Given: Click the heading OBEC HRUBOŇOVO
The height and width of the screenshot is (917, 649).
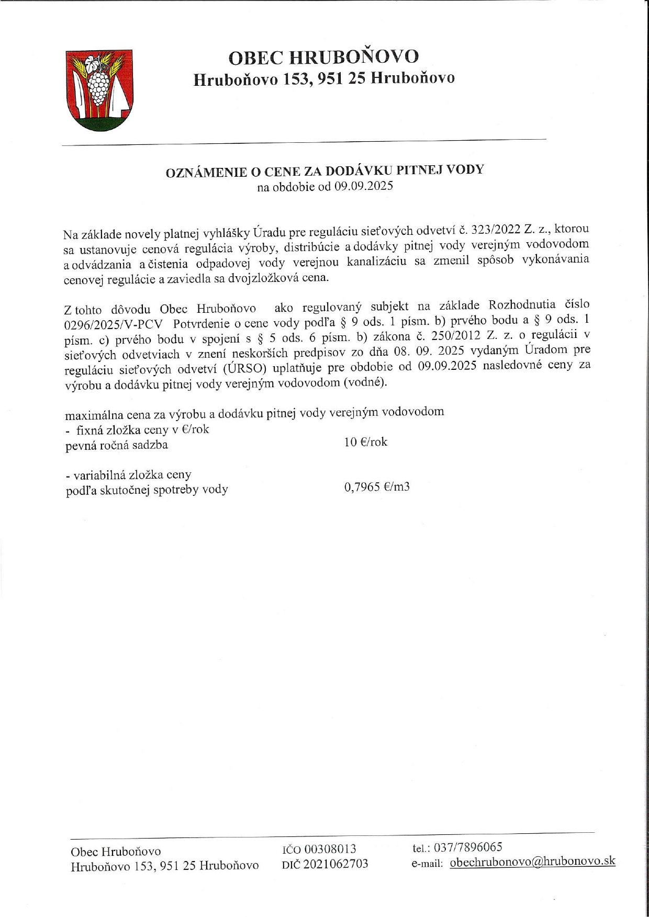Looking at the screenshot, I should tap(324, 57).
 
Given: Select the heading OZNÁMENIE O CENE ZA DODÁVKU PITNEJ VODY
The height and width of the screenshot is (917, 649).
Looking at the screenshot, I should tap(324, 171).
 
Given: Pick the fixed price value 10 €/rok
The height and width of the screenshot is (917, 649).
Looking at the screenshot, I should tap(366, 442).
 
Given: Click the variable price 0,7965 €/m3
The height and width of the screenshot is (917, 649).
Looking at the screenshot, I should tap(377, 488).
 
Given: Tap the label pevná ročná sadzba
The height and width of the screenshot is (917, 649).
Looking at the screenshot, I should tap(116, 446).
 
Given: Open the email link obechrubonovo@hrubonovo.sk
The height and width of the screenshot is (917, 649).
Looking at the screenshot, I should tap(532, 862).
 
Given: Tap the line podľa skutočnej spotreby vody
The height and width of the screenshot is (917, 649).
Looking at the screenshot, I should tap(147, 490).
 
